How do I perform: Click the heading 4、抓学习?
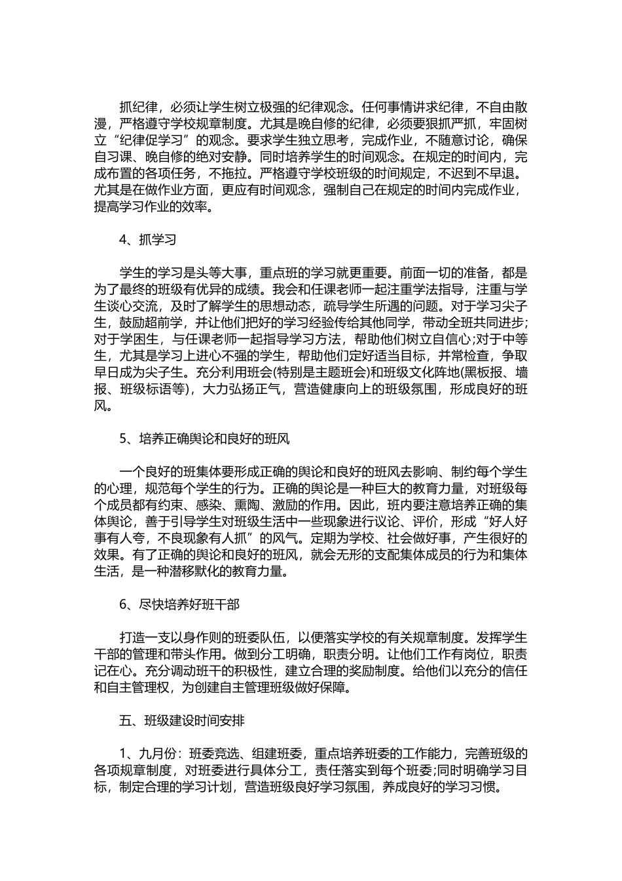pos(148,239)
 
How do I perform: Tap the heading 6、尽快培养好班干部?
pos(179,604)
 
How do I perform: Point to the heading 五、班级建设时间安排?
pos(182,720)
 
